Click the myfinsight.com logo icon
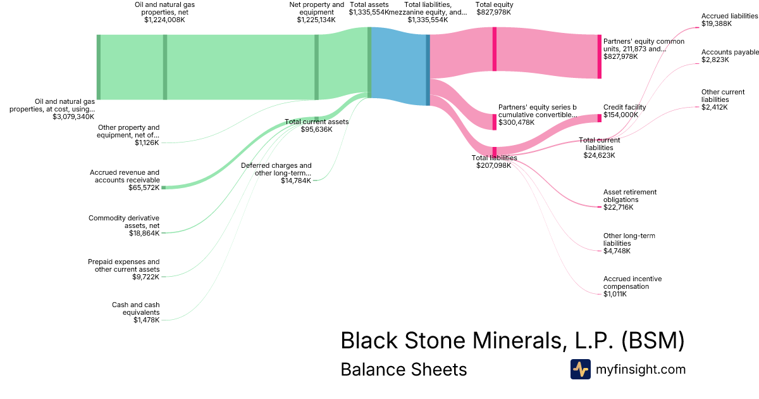point(580,369)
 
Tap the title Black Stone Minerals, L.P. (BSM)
point(512,340)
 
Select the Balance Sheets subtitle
point(404,369)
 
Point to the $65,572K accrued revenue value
point(144,187)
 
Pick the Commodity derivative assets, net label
point(124,222)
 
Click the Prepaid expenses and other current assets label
point(123,265)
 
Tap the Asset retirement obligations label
point(630,196)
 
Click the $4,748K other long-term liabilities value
point(617,251)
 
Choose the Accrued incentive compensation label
point(632,282)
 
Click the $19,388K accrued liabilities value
point(717,24)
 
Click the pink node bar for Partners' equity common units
point(600,56)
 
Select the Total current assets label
point(316,122)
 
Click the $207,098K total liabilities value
point(493,165)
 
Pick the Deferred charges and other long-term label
point(276,169)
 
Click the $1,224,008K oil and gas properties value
point(164,20)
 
